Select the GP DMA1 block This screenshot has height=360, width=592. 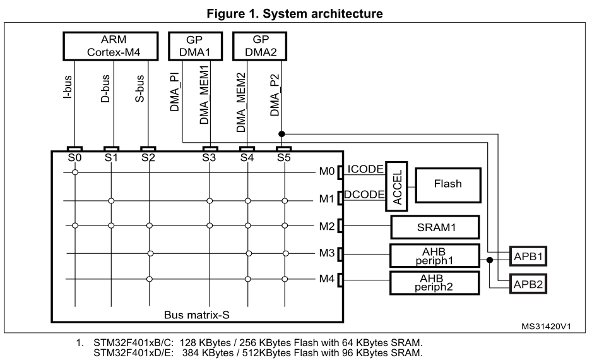point(194,46)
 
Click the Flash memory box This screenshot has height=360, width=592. point(447,184)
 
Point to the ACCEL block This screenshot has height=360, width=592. point(397,184)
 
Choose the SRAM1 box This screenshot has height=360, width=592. point(435,226)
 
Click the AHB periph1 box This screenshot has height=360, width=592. point(435,255)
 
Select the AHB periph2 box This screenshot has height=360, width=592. point(435,283)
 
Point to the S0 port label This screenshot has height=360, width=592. point(75,158)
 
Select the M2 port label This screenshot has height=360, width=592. point(326,225)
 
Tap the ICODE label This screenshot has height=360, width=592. point(365,169)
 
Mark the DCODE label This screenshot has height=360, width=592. point(366,195)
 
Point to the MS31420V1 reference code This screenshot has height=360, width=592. point(546,327)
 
